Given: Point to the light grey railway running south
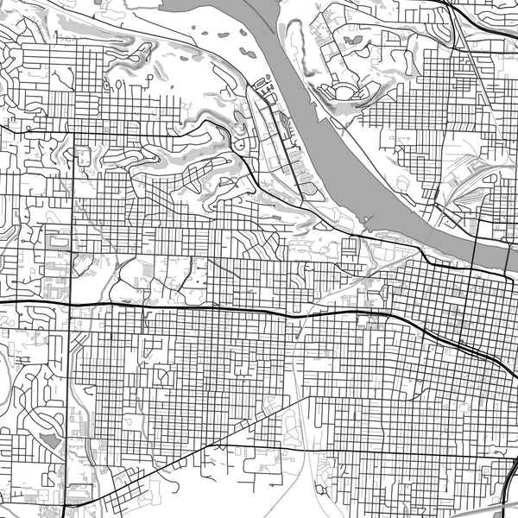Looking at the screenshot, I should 302,414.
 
